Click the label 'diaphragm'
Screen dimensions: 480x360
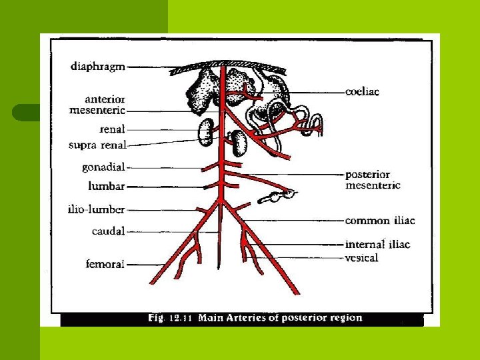pos(97,66)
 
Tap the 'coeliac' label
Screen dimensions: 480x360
pos(362,92)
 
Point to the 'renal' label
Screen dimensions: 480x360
pos(111,129)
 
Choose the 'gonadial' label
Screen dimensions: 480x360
pos(103,167)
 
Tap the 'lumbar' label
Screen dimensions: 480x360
pos(107,186)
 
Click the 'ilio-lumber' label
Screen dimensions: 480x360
pos(97,209)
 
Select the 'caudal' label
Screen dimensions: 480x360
pos(108,231)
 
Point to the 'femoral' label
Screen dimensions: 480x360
pos(105,264)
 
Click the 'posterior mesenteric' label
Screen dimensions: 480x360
pos(373,180)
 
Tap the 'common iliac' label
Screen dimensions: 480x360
pos(379,221)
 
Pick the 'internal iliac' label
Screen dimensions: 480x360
pos(377,244)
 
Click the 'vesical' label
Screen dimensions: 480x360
pos(361,257)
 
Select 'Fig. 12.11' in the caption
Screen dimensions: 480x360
pos(169,319)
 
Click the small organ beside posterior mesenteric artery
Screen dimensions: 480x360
pos(280,195)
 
